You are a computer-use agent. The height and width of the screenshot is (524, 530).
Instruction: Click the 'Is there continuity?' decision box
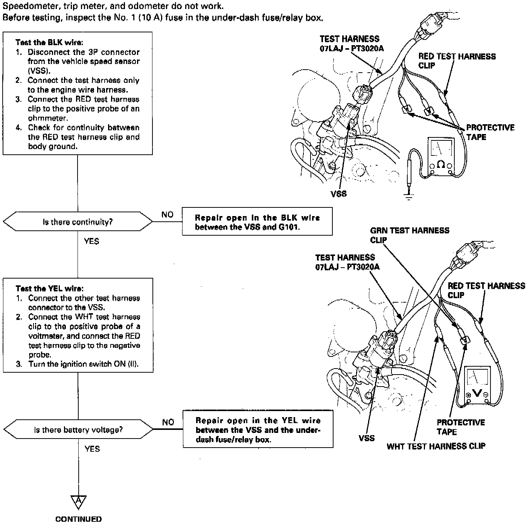[78, 222]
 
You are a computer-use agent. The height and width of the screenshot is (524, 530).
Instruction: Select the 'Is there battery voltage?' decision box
[78, 430]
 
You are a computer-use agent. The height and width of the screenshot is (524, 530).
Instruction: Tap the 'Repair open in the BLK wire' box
[257, 222]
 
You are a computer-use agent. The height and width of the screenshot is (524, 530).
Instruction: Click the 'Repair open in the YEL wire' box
[258, 430]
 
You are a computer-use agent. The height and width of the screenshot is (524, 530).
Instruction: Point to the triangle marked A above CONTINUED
[78, 502]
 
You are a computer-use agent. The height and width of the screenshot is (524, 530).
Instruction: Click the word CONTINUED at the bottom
[78, 519]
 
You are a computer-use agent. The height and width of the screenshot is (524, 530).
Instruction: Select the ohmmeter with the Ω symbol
[441, 157]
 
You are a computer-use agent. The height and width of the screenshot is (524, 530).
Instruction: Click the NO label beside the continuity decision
[168, 215]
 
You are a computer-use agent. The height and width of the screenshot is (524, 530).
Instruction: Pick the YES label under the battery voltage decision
[92, 449]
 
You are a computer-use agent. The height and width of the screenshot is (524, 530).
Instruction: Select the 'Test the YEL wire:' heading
[50, 289]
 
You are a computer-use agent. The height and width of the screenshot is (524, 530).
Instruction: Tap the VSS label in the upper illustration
[339, 194]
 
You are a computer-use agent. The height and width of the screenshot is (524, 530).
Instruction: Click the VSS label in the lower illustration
[367, 438]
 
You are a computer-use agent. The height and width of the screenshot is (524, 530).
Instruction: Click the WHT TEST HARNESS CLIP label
[436, 446]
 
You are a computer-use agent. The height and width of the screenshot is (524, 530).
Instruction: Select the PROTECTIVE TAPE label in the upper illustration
[490, 132]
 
